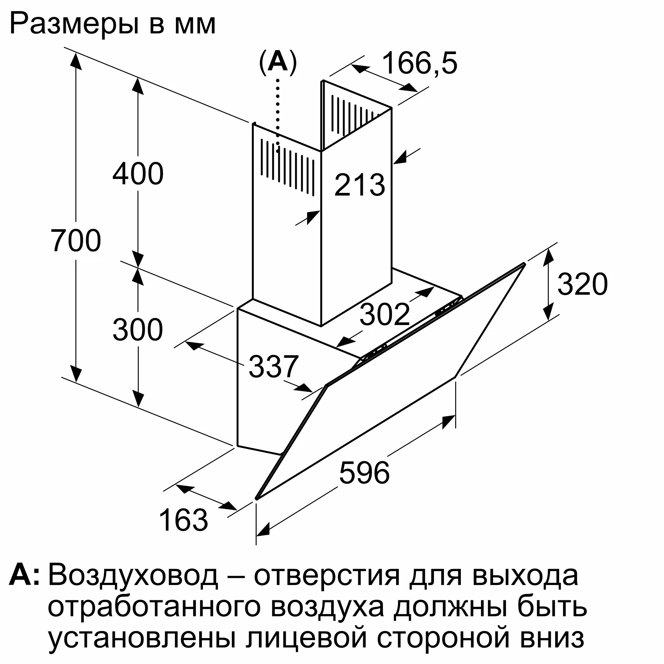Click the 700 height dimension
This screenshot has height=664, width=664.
pos(76,240)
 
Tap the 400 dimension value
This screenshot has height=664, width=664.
pos(138,174)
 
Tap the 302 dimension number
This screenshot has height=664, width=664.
pos(384,314)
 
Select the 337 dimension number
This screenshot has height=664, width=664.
pos(274,367)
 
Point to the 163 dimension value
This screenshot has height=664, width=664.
pos(184,520)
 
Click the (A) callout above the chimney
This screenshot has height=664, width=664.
pos(278,63)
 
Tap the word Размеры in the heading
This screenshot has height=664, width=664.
pos(74,24)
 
